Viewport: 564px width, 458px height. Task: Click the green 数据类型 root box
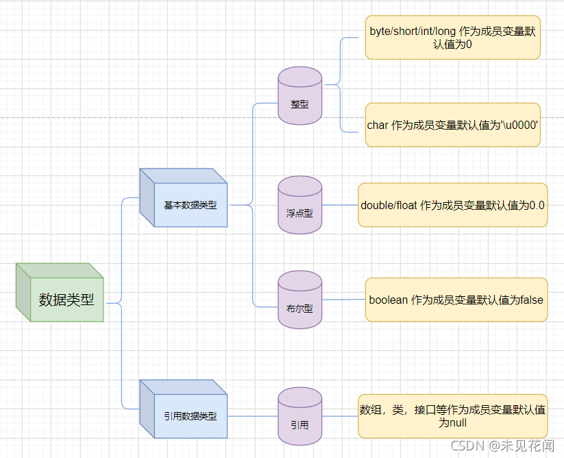tap(60, 292)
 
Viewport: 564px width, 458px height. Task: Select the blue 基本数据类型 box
tap(184, 197)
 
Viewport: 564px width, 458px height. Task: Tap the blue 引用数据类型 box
tap(184, 409)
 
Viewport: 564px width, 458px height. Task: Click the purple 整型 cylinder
tap(299, 96)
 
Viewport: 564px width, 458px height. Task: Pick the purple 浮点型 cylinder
tap(299, 205)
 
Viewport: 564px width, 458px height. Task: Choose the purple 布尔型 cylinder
tap(299, 300)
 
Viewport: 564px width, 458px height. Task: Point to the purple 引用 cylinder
tap(299, 416)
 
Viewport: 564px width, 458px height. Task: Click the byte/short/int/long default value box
tap(453, 38)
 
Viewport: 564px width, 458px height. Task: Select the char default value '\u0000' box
tap(453, 125)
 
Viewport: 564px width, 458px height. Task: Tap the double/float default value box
tap(453, 205)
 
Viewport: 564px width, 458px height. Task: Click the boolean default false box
tap(456, 300)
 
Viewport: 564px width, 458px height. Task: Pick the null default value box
tap(453, 416)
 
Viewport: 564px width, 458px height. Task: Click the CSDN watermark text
tap(502, 446)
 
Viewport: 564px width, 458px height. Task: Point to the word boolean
tap(389, 300)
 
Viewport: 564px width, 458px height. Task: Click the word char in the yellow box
tap(378, 125)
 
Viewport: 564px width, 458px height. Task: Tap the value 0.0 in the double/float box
tap(537, 206)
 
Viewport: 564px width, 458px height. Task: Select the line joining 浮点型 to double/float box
tap(340, 205)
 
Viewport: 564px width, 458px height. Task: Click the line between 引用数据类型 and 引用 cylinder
tap(252, 416)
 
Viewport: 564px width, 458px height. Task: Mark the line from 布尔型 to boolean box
tap(343, 300)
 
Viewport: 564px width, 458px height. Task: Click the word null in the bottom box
tap(458, 423)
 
